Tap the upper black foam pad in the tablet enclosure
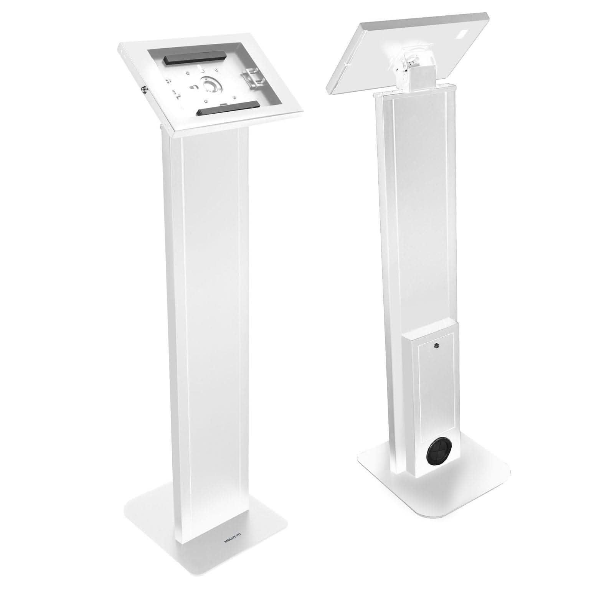click(195, 60)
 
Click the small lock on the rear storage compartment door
click(436, 347)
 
